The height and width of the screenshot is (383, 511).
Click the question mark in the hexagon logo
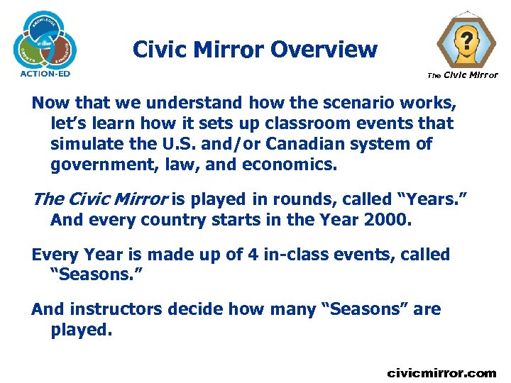(x=466, y=40)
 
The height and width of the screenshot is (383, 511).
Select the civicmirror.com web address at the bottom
(x=441, y=372)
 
